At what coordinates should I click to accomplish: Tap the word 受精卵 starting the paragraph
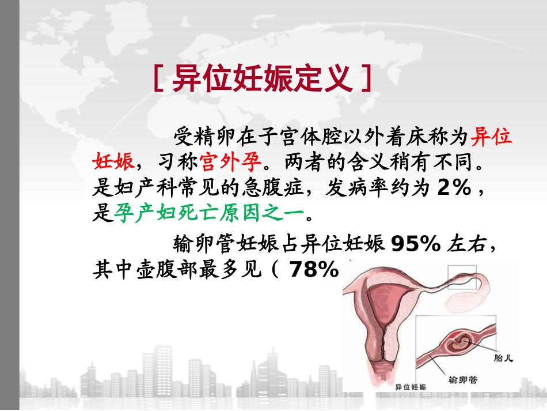point(197,137)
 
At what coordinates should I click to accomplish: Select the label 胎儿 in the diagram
point(503,358)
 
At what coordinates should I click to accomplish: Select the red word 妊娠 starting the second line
point(113,161)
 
